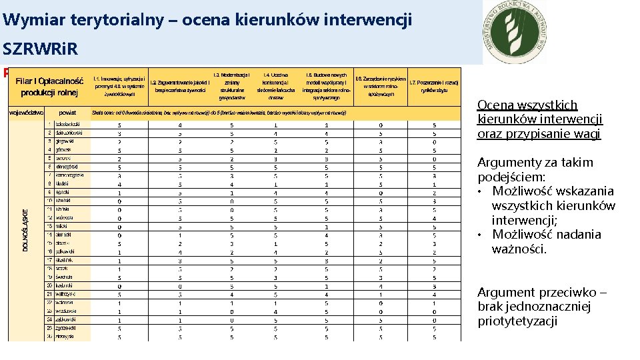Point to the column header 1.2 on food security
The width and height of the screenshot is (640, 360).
(x=182, y=86)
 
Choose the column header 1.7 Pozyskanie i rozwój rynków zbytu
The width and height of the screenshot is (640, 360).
(x=433, y=86)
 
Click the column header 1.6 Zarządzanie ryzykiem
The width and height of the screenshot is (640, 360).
(x=381, y=86)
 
